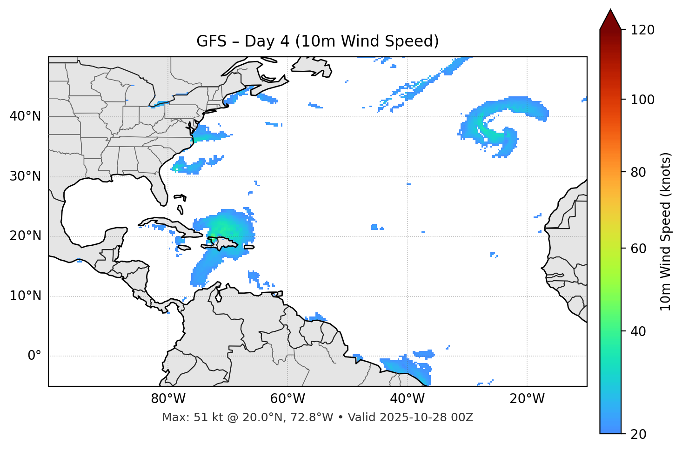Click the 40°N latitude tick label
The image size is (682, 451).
[25, 116]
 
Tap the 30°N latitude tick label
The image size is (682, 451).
[25, 176]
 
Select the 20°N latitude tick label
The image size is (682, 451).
[25, 236]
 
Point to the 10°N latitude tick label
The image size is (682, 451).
[25, 296]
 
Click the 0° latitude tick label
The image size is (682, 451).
[34, 356]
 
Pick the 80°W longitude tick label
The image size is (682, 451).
[168, 399]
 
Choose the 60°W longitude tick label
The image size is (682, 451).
[288, 399]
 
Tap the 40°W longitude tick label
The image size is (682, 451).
[407, 399]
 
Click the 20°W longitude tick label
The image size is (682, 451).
[527, 399]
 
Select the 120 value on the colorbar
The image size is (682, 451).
[642, 30]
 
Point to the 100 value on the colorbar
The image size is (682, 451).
[642, 100]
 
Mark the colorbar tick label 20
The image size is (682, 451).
[638, 434]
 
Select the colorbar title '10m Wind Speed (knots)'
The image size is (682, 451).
[666, 231]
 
